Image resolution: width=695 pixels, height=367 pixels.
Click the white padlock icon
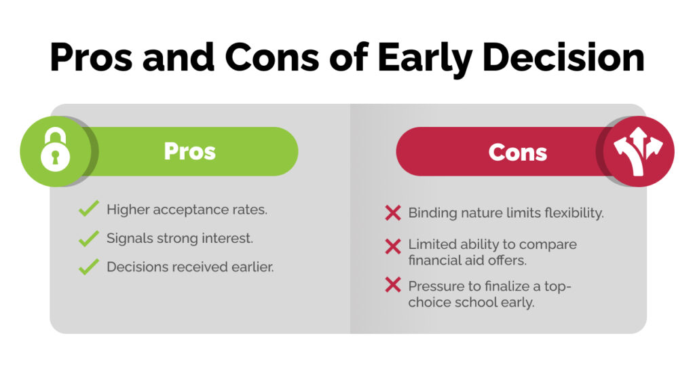(x=54, y=151)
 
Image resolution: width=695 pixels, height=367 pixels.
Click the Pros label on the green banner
(x=189, y=151)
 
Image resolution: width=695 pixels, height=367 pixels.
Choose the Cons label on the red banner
(x=517, y=152)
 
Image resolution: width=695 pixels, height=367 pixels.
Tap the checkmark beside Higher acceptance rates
(x=89, y=209)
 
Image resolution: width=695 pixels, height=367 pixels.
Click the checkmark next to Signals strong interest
(x=89, y=238)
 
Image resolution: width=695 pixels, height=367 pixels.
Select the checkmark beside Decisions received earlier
(x=89, y=267)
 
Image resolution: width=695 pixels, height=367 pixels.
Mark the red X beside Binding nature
(x=393, y=213)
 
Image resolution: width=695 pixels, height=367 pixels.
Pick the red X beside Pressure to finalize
(x=393, y=286)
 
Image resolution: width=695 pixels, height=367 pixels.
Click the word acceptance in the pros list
(x=193, y=210)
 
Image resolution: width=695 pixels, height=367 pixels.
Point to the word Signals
(x=130, y=238)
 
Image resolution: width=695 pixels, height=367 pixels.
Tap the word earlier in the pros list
(x=250, y=267)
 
